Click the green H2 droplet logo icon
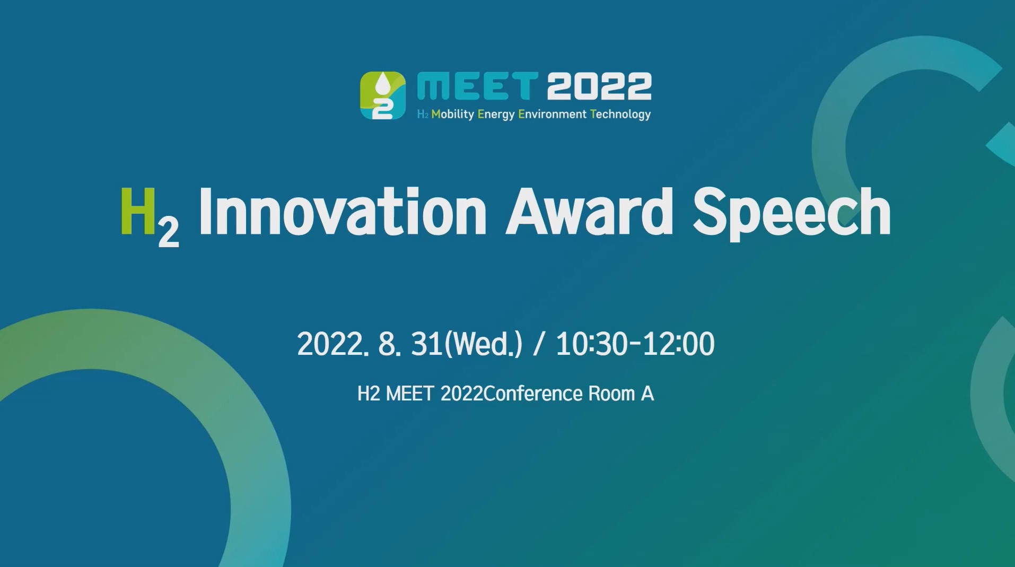[383, 95]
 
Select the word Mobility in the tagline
[452, 115]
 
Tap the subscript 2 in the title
[169, 234]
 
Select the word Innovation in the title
[342, 211]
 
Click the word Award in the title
[589, 211]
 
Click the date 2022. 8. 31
[370, 344]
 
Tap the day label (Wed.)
[483, 344]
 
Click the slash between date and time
[539, 344]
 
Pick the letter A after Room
[647, 394]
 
